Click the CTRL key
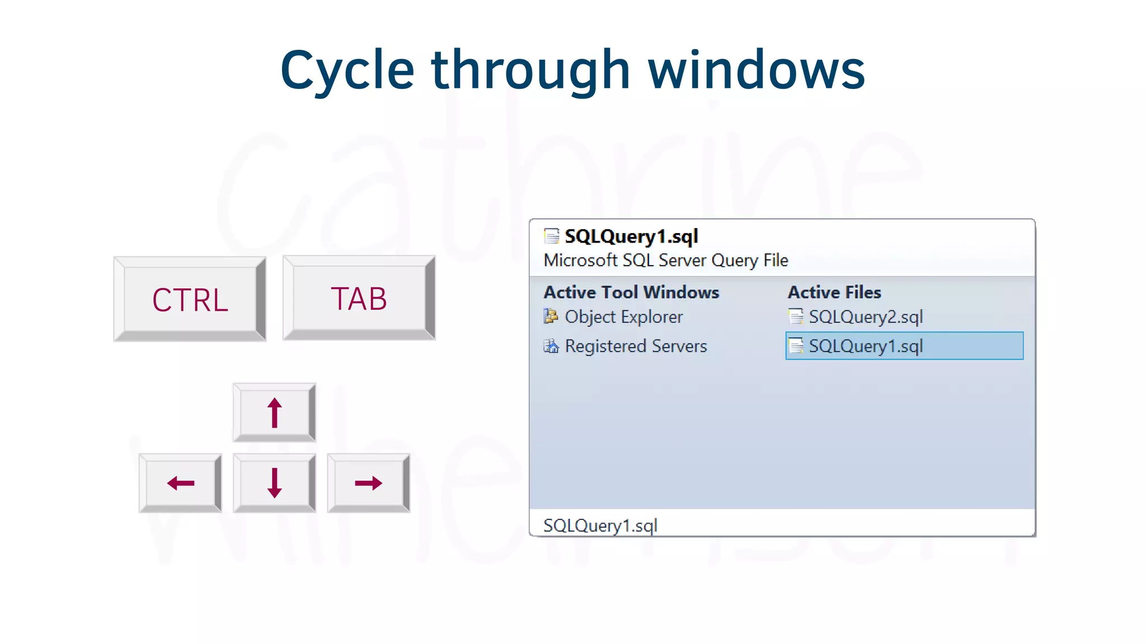(190, 300)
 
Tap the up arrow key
(274, 413)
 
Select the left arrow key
(180, 483)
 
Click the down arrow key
(274, 483)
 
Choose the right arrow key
(368, 483)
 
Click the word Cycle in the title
(347, 70)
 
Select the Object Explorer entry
(623, 317)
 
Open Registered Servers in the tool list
(636, 346)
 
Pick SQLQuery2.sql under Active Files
(865, 317)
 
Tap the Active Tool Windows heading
(631, 292)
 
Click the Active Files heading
(834, 292)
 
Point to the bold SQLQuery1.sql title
(631, 236)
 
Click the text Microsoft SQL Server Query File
(666, 261)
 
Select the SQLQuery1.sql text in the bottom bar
(600, 525)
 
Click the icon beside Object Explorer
(551, 316)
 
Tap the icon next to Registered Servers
(551, 346)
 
